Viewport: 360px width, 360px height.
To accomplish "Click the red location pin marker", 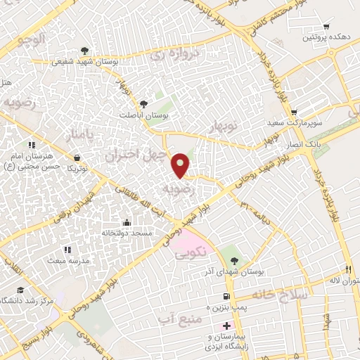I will (181, 165).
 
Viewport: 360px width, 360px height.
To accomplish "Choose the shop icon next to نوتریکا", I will (77, 158).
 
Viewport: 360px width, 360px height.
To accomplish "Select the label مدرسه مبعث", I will (52, 259).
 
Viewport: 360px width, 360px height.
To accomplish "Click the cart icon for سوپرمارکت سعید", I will (294, 112).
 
